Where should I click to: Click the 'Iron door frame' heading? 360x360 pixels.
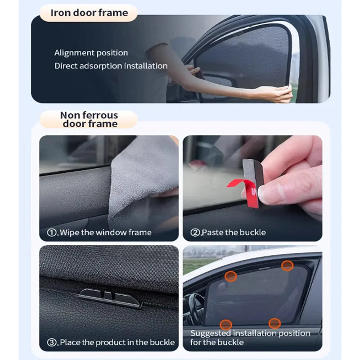coord(90,13)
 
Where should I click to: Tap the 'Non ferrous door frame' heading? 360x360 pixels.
coord(90,119)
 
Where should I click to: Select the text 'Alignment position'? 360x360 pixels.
coord(91,53)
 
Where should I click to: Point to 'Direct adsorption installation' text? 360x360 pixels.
coord(111,66)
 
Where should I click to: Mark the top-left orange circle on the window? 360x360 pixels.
coord(231,276)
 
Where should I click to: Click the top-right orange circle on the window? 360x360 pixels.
coord(288,266)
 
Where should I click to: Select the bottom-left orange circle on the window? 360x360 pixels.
coord(226,324)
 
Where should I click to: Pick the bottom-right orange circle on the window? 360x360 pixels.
coord(274,323)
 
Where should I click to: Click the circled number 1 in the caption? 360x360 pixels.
coord(52,233)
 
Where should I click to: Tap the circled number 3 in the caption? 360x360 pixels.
coord(52,342)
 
